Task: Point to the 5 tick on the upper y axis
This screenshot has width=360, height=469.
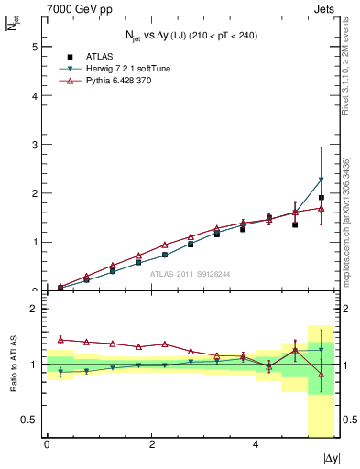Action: point(36,46)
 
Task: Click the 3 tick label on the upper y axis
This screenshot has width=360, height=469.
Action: point(36,144)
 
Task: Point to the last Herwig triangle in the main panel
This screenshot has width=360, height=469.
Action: point(321,180)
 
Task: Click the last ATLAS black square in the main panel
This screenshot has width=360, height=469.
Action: point(321,197)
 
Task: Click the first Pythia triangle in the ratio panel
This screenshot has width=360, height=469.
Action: point(60,339)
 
